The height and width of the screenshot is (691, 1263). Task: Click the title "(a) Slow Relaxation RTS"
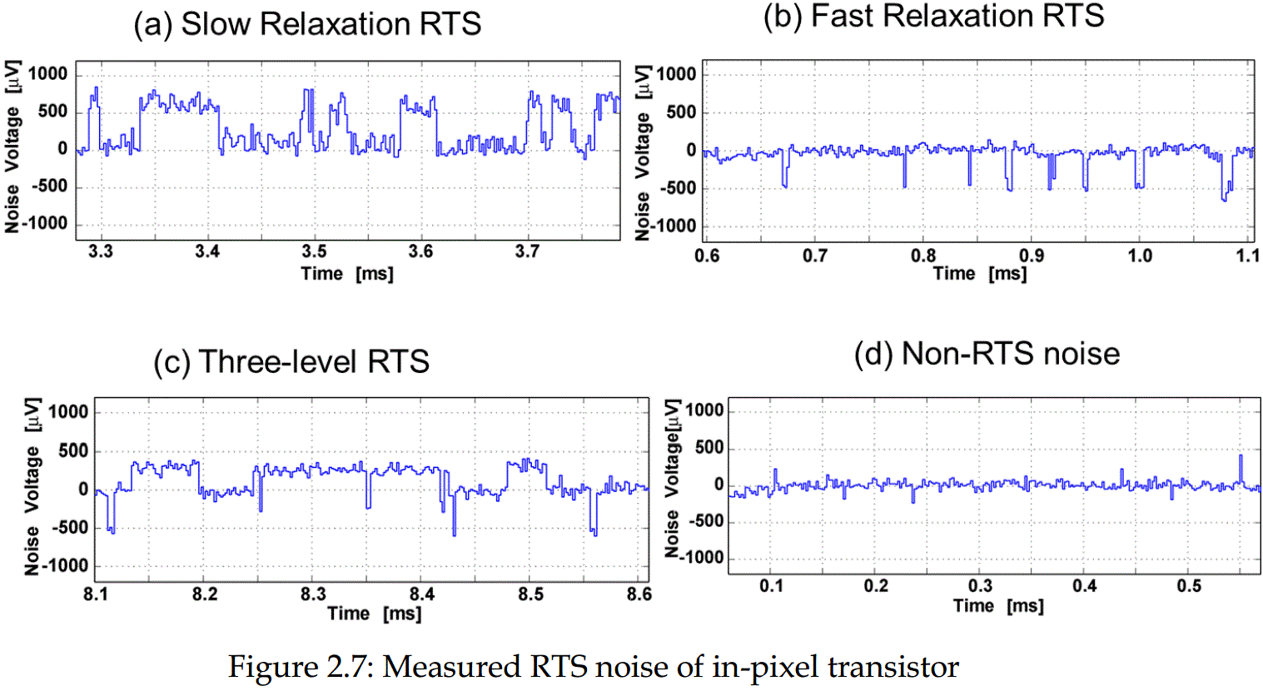click(x=307, y=24)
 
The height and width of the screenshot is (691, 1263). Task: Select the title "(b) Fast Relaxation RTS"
click(x=933, y=16)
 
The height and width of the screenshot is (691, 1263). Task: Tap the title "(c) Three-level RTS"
click(x=291, y=362)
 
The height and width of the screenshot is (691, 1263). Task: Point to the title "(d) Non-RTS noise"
click(x=987, y=354)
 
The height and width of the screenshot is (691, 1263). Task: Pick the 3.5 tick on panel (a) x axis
click(x=314, y=251)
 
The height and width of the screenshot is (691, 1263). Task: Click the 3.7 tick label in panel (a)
click(x=527, y=251)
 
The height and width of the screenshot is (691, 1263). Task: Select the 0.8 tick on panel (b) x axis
click(x=923, y=256)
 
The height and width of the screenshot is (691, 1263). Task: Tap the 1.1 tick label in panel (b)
click(x=1247, y=256)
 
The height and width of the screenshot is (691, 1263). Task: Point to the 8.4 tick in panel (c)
click(x=421, y=594)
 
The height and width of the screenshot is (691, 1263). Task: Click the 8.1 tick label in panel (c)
click(x=97, y=594)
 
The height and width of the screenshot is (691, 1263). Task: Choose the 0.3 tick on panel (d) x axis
click(x=981, y=586)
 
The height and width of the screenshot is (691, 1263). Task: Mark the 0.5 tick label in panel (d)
click(x=1189, y=586)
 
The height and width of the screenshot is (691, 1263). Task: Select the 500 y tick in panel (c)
click(x=72, y=450)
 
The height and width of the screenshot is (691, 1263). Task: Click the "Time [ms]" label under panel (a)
click(x=347, y=274)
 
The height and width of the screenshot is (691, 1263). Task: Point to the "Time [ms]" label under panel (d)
click(x=998, y=606)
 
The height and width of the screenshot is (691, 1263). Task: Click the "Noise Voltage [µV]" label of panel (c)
click(x=32, y=486)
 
